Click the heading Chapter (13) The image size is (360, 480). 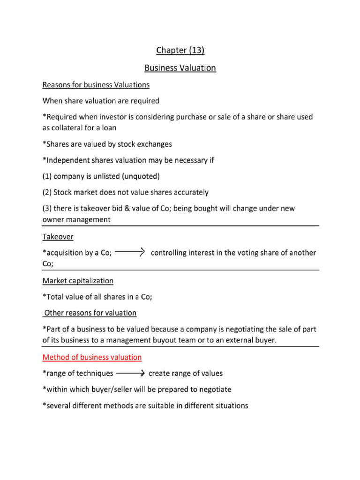(180, 50)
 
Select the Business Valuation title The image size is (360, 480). (180, 68)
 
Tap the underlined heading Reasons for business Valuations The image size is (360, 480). (96, 85)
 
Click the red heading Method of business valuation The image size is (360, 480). (92, 357)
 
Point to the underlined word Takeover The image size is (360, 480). (58, 237)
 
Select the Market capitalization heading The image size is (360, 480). (78, 281)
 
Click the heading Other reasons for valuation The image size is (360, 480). (90, 313)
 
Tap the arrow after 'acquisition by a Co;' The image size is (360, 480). (130, 252)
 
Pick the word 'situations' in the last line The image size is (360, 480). (231, 405)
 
